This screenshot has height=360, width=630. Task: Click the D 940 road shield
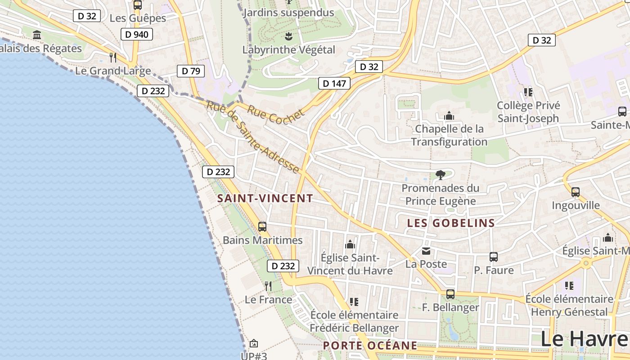point(137,34)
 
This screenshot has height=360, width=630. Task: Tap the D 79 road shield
point(190,71)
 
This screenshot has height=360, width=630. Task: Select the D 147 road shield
point(334,83)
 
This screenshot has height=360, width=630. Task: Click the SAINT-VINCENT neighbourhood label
point(265,198)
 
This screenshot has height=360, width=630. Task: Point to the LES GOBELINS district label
point(451,223)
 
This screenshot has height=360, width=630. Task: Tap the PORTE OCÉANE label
point(370,346)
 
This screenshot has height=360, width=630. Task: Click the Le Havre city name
point(584,338)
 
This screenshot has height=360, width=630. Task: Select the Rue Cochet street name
point(275,114)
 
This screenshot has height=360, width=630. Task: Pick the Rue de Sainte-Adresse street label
point(253,138)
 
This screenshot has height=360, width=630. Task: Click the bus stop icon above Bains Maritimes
point(262,227)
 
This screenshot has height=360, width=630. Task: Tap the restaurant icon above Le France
point(268,286)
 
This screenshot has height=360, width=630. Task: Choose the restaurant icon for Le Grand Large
point(113,57)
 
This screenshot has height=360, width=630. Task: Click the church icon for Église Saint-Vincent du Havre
point(350,245)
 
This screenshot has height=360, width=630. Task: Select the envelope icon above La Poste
point(426,251)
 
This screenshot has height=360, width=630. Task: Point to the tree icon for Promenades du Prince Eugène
point(441,175)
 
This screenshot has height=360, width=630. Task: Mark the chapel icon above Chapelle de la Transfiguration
point(449,116)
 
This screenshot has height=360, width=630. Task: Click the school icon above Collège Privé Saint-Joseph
point(528,92)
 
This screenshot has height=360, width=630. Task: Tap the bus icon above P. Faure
point(494,257)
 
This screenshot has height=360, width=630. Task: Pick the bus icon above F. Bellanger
point(450,294)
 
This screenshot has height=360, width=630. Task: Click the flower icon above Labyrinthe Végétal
point(289,36)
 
